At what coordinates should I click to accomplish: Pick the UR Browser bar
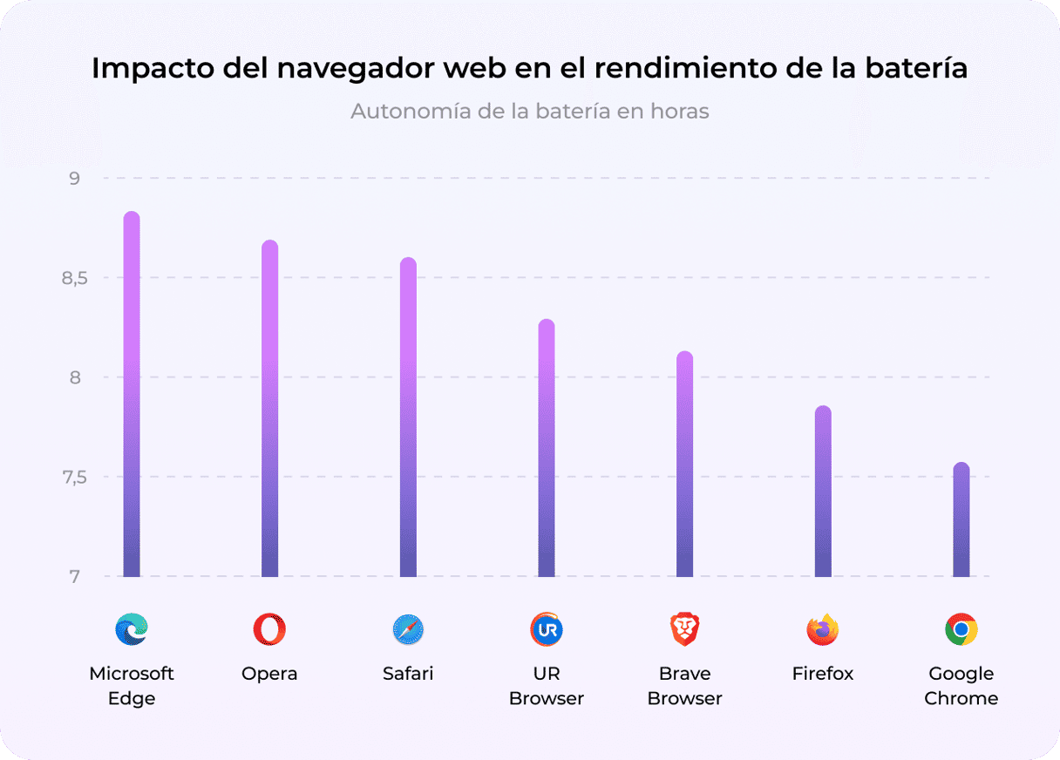click(x=547, y=448)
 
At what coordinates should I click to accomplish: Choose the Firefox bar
click(x=823, y=492)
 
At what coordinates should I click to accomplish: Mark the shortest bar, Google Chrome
click(x=961, y=519)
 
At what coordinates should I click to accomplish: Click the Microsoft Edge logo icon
click(x=132, y=628)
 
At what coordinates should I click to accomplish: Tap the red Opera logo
click(x=269, y=628)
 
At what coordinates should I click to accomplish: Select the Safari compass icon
click(x=408, y=628)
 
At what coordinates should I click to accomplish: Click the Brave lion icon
click(x=685, y=628)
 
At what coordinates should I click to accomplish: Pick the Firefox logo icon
click(x=823, y=628)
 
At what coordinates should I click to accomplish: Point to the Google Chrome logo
click(x=961, y=628)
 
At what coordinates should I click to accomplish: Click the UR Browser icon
click(x=547, y=628)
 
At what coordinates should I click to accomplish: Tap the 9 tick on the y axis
click(x=75, y=179)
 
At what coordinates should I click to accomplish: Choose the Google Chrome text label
click(x=961, y=686)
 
